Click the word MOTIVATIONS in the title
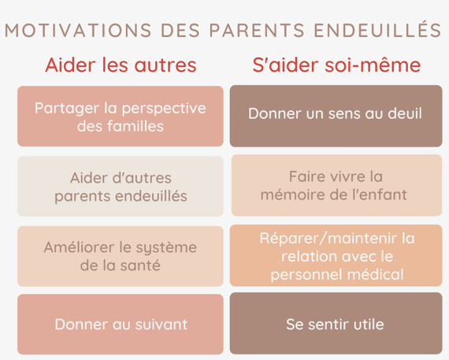[x=78, y=31]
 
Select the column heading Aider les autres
[x=121, y=65]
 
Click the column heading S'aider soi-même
[x=336, y=65]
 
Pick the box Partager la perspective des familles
[x=121, y=117]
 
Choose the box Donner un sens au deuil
[x=336, y=116]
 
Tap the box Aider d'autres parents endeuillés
[x=121, y=186]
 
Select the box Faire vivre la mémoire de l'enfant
[x=337, y=185]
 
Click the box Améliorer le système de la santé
[x=121, y=256]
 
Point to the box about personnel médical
[x=336, y=255]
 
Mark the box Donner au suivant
[x=121, y=325]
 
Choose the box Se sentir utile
[x=336, y=323]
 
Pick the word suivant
[x=161, y=325]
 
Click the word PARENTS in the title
[x=257, y=31]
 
